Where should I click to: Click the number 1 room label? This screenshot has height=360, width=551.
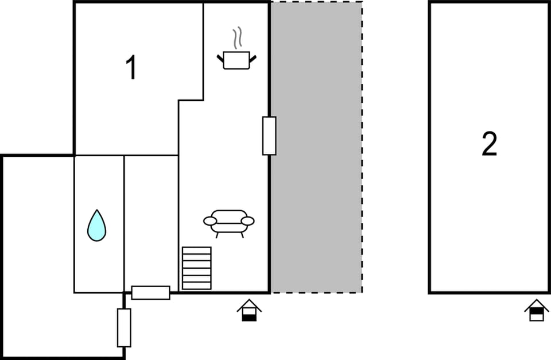click(x=131, y=68)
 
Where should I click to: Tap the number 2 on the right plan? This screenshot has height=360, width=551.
click(x=489, y=144)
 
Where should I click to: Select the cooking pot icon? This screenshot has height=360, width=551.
click(x=236, y=60)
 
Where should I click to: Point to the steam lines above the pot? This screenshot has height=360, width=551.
click(x=237, y=37)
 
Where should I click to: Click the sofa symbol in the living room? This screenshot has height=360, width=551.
click(x=229, y=223)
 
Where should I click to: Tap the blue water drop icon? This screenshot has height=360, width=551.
click(x=96, y=225)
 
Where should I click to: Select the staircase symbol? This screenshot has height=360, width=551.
click(x=197, y=268)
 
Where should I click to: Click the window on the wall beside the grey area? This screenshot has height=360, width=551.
click(x=269, y=136)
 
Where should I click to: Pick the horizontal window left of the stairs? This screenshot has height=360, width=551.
click(x=151, y=293)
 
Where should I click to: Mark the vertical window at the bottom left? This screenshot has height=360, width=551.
click(x=124, y=328)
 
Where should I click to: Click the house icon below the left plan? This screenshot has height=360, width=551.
click(x=249, y=310)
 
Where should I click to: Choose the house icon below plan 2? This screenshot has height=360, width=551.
click(x=537, y=310)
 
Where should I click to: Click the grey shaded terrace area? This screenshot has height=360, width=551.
click(x=316, y=147)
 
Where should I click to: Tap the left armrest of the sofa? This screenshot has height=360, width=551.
click(x=210, y=221)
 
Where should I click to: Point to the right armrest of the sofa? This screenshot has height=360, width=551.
click(x=248, y=221)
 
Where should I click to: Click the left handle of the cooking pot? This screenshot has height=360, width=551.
click(x=220, y=59)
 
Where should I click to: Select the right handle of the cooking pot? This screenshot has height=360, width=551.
click(x=253, y=59)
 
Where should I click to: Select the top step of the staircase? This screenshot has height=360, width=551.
click(x=197, y=250)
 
